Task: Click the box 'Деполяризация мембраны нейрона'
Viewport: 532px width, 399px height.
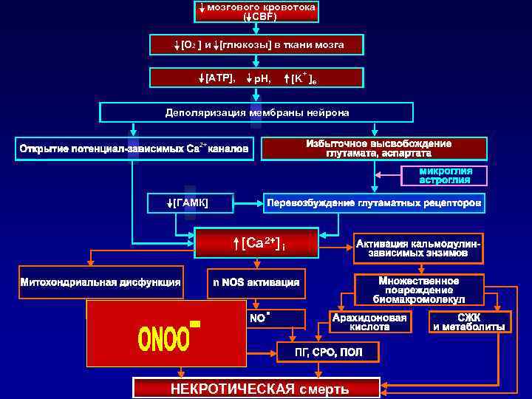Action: (x=256, y=112)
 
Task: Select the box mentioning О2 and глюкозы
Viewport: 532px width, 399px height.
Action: (x=256, y=45)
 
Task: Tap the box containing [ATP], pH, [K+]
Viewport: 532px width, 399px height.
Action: (x=256, y=78)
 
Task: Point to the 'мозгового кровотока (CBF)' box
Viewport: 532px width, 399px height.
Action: (x=256, y=11)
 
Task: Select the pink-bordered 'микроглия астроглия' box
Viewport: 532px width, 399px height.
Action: (x=446, y=176)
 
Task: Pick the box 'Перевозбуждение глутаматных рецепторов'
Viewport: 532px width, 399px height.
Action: (x=375, y=202)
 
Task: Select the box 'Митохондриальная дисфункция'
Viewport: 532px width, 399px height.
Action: (x=100, y=282)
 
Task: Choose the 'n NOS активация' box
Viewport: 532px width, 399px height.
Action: (x=256, y=282)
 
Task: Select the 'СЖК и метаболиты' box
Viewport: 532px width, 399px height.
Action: (x=469, y=321)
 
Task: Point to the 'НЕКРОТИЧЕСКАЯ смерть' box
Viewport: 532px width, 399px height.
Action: (x=256, y=389)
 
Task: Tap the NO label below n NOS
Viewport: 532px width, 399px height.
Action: (x=259, y=319)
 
